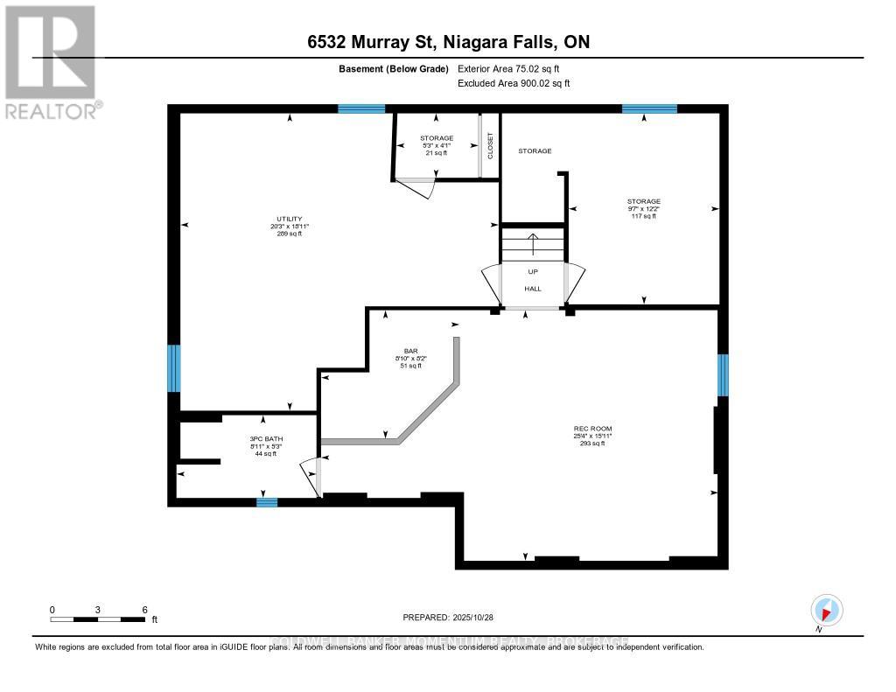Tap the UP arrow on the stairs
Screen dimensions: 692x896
tap(532, 242)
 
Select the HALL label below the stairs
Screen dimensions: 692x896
tap(532, 288)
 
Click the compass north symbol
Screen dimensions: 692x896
tap(826, 610)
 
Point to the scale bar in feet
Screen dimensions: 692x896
tap(98, 619)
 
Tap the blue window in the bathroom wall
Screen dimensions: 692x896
tap(267, 502)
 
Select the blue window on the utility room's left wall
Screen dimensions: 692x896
tap(174, 367)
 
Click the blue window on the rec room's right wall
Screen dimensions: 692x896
tap(722, 374)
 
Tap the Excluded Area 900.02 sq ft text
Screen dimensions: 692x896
tap(514, 84)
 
